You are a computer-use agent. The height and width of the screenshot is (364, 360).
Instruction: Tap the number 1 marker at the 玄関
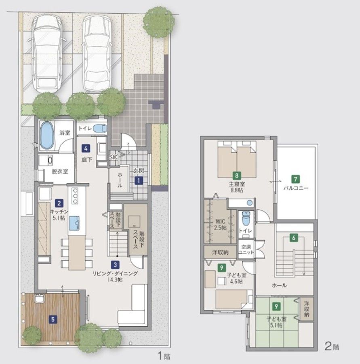click(139, 180)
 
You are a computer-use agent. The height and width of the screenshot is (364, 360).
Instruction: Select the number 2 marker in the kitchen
click(59, 203)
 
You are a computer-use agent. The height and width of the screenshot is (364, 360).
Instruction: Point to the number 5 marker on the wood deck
click(53, 320)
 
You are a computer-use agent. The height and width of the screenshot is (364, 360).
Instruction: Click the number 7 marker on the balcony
click(295, 179)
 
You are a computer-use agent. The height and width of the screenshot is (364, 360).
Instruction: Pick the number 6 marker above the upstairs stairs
click(294, 238)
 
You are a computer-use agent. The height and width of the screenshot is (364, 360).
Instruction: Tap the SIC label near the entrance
click(114, 157)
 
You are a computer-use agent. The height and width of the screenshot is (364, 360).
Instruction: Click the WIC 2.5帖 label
click(220, 224)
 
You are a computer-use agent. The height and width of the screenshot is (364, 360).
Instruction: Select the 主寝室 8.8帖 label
click(237, 187)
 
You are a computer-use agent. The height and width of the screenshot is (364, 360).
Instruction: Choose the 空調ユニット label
click(246, 250)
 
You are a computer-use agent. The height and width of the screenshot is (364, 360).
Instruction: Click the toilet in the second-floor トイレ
click(245, 218)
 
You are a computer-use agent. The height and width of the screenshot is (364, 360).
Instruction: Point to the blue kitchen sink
click(74, 223)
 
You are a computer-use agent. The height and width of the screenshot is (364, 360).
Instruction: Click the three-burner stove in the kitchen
click(75, 196)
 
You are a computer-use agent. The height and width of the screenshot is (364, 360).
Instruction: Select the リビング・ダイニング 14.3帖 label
click(115, 277)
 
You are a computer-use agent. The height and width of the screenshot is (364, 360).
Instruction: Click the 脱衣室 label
click(60, 171)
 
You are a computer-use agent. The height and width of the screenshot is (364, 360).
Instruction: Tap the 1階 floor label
click(164, 356)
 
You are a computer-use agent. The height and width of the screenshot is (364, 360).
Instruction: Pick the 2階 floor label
click(332, 347)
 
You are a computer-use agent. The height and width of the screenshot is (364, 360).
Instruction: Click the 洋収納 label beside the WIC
click(220, 252)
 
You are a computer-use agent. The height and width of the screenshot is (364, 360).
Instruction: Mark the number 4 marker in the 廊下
click(86, 148)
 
